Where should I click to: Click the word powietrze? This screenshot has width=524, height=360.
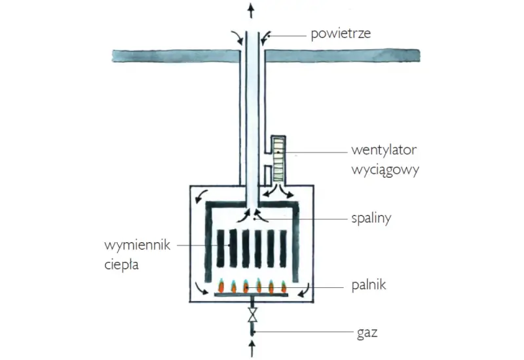(341, 34)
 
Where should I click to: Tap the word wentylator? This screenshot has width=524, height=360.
(384, 150)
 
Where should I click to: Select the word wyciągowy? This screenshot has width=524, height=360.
(385, 170)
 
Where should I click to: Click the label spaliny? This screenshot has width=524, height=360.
(371, 219)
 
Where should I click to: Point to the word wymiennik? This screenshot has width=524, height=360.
(138, 245)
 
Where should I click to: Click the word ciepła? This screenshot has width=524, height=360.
(121, 265)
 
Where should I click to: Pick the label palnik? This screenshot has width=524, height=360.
(369, 285)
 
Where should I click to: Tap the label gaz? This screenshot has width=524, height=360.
(367, 333)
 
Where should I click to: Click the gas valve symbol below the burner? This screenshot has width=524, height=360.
(253, 315)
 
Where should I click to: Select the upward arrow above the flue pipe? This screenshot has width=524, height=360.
(251, 10)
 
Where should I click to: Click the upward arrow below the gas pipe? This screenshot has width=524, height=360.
(252, 348)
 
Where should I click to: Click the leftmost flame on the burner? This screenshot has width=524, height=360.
(221, 286)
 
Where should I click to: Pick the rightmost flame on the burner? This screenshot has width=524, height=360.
(284, 287)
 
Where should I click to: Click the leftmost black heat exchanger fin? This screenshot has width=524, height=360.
(220, 249)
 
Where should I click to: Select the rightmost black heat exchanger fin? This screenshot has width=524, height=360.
(283, 249)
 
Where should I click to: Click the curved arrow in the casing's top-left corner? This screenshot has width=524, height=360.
(201, 196)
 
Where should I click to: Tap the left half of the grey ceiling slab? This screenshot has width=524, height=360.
(176, 56)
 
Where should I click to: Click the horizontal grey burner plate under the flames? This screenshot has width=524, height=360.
(251, 295)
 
